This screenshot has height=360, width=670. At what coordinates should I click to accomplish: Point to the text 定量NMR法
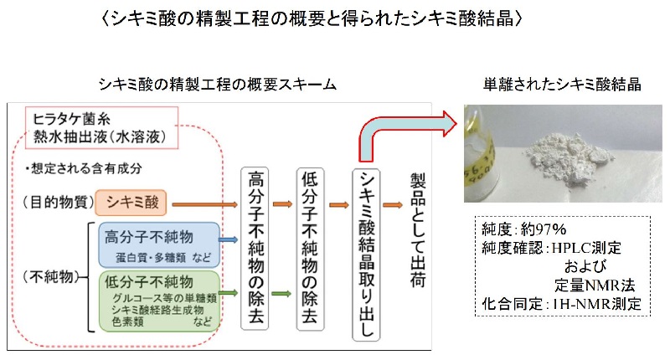595,285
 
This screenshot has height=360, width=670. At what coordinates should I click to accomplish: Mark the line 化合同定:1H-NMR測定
561,303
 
